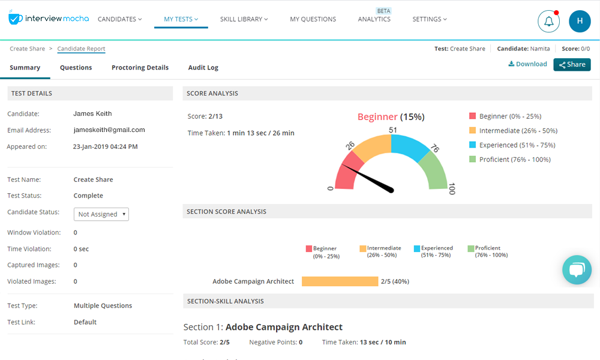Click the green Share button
(572, 64)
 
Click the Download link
(527, 64)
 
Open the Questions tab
(76, 68)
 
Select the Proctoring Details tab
(140, 68)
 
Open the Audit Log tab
(203, 68)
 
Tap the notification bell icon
(548, 22)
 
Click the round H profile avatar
(580, 22)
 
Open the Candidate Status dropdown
(101, 214)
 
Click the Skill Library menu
(244, 19)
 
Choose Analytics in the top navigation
(374, 19)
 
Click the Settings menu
(430, 19)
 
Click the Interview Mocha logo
(49, 19)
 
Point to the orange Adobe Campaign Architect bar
(340, 281)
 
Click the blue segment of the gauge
(409, 148)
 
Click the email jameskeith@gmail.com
(109, 130)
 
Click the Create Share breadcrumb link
(27, 49)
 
